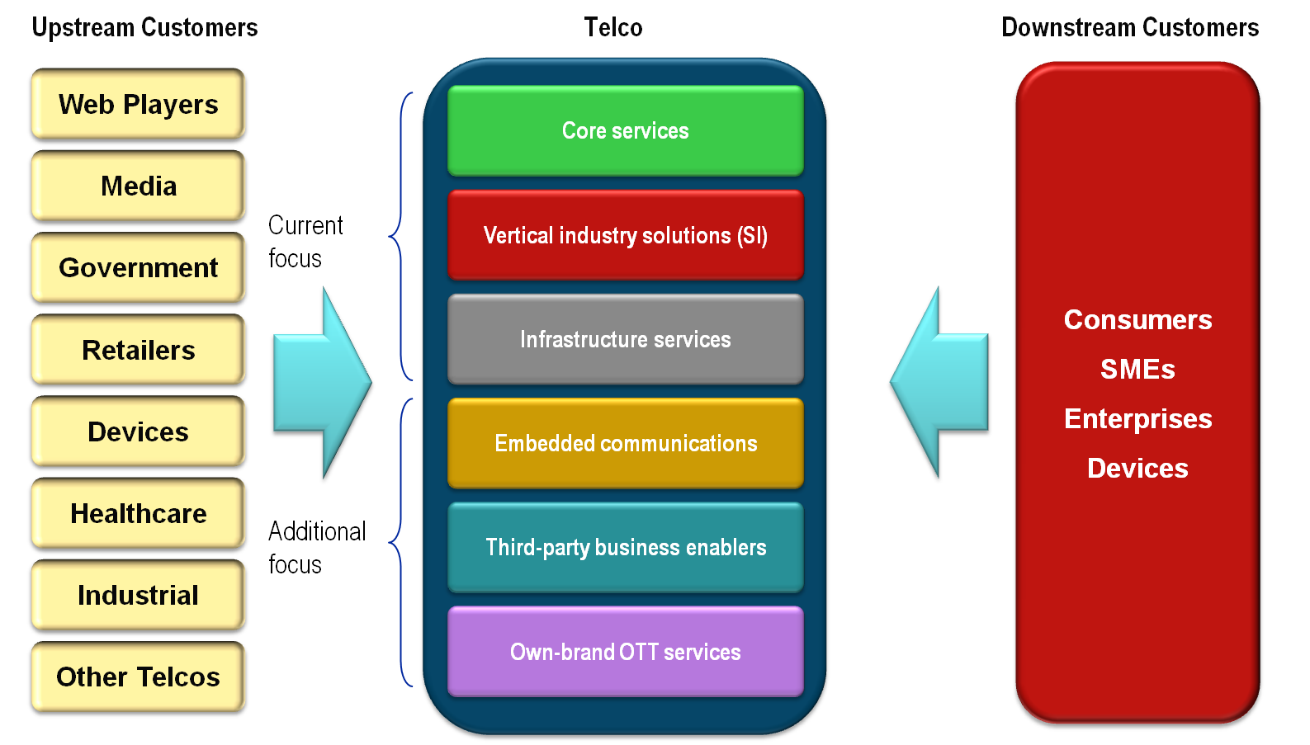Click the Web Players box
tap(138, 105)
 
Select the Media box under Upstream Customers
tap(138, 186)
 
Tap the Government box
tap(138, 268)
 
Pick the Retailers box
tap(138, 351)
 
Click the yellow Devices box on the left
tap(138, 432)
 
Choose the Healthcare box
tap(138, 514)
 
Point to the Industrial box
tap(138, 596)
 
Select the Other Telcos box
tap(138, 677)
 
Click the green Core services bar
tap(625, 130)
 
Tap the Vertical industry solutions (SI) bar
tap(625, 235)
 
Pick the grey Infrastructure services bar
tap(625, 339)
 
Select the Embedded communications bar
tap(625, 443)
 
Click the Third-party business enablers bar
tap(625, 547)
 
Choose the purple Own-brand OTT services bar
tap(625, 652)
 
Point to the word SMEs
tap(1137, 370)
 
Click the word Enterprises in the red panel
tap(1137, 419)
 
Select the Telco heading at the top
tap(613, 27)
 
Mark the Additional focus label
tap(316, 547)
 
